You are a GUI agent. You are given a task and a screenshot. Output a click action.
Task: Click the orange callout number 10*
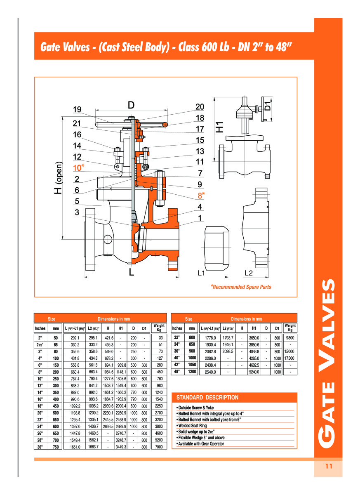(x=78, y=167)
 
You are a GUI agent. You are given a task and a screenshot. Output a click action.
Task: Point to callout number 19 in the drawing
(x=77, y=110)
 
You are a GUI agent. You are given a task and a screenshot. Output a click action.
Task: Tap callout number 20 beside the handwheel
(x=200, y=107)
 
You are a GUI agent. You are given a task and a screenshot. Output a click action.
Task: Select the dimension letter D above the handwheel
(x=131, y=105)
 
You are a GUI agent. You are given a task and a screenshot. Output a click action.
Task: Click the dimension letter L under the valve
(x=131, y=273)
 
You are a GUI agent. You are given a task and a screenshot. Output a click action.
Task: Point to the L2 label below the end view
(x=249, y=273)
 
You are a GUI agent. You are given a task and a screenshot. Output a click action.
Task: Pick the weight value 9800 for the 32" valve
(x=290, y=337)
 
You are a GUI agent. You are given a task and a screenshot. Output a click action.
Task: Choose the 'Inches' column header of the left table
(x=40, y=328)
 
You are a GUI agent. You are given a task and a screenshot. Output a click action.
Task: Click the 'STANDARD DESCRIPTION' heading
(x=207, y=398)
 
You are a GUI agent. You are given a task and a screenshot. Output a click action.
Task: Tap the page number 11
(x=329, y=467)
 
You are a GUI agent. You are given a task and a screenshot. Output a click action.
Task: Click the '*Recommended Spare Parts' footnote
(x=241, y=287)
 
